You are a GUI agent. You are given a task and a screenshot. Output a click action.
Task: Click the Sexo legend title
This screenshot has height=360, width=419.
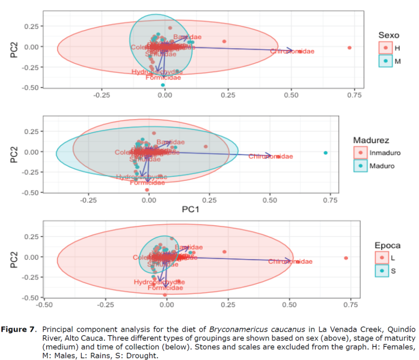(x=389, y=35)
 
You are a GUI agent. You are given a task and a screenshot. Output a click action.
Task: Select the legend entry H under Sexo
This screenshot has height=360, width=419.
(x=391, y=47)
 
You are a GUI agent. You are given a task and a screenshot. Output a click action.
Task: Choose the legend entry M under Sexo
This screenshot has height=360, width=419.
(x=391, y=61)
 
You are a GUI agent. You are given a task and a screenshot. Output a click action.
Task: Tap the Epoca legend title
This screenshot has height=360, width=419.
(x=387, y=246)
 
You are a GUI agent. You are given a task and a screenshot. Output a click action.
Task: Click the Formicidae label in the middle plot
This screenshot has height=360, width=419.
(x=147, y=182)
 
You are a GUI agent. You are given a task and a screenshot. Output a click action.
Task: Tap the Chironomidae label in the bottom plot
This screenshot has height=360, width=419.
(x=290, y=261)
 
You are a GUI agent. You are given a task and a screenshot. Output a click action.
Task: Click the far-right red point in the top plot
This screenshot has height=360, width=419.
(x=349, y=47)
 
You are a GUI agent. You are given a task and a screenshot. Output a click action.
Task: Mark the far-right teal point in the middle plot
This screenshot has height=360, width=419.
(x=325, y=153)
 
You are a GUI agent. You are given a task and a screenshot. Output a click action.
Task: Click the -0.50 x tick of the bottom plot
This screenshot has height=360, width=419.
(x=44, y=305)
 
